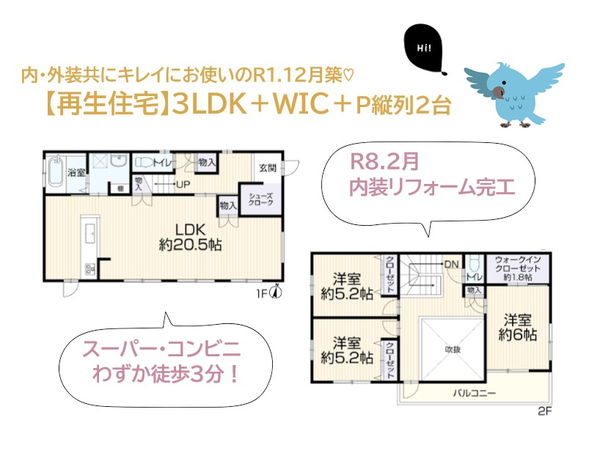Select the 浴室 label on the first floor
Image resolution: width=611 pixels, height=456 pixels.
(x=76, y=173)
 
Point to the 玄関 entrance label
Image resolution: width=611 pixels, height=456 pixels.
(x=268, y=167)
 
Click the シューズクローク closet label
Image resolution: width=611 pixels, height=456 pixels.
(x=261, y=200)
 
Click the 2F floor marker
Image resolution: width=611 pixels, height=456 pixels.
(x=544, y=411)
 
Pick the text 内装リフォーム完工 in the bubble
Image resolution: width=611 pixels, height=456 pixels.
(x=431, y=188)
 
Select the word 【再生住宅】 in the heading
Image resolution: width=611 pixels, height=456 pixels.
(x=102, y=105)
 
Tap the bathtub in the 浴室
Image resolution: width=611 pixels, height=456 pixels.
(x=56, y=174)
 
